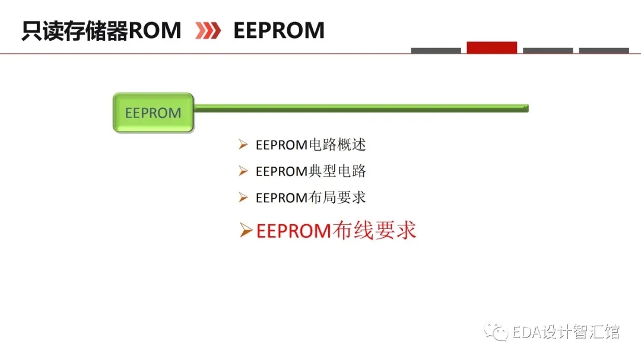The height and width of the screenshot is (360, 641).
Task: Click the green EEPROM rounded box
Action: tap(153, 113)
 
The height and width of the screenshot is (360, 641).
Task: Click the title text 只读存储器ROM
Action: tap(101, 31)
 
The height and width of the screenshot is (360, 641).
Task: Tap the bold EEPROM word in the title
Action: tap(279, 31)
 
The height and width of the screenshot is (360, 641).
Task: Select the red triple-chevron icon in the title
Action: tap(208, 31)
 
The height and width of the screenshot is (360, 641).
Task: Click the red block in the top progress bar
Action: tap(492, 47)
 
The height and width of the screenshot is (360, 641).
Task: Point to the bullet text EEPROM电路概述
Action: tap(310, 145)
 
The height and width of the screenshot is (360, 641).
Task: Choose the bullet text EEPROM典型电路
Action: tap(310, 171)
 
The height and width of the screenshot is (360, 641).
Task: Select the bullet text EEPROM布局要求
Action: tap(310, 197)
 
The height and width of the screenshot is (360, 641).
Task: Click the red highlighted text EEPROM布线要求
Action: tap(336, 231)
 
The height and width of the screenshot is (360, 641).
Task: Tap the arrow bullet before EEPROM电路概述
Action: tap(243, 144)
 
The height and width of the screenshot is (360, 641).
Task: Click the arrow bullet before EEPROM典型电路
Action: tap(243, 171)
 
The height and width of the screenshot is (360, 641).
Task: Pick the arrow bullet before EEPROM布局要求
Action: tap(243, 197)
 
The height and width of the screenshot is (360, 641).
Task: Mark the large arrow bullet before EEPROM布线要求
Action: tap(246, 230)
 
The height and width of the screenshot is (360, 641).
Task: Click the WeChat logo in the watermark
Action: tap(496, 332)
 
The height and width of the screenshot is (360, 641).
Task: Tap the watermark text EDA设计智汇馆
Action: tap(566, 332)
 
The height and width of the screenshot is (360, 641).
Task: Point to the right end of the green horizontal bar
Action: tap(528, 109)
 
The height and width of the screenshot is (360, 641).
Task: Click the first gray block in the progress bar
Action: tap(436, 50)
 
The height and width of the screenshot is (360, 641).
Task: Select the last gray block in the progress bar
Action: tap(604, 50)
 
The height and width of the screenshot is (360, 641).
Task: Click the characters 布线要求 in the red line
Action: tap(374, 231)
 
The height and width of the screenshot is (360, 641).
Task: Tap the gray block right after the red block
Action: tap(548, 50)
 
